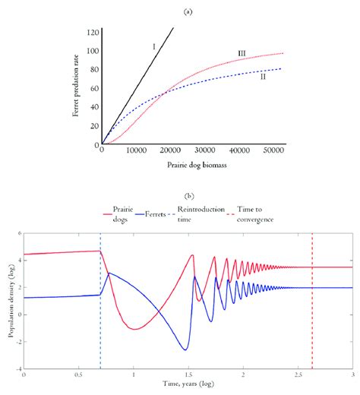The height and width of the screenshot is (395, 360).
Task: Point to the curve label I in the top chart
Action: pos(153,47)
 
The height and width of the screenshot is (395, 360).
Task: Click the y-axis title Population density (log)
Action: pos(9,308)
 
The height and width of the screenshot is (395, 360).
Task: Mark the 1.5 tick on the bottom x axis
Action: pos(188,377)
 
